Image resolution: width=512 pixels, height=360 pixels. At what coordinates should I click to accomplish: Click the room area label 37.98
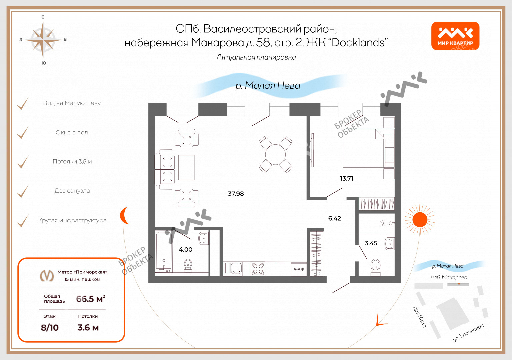[x=236, y=194]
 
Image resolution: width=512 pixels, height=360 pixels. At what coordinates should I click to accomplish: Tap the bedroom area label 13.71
[x=347, y=179]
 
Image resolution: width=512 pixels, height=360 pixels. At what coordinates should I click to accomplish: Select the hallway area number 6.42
[x=335, y=219]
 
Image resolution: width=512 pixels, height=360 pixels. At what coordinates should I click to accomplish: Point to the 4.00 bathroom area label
[x=186, y=250]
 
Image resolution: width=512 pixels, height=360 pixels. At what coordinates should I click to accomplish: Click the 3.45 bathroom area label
[x=371, y=243]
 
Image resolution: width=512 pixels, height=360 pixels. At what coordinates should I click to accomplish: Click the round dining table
[x=275, y=155]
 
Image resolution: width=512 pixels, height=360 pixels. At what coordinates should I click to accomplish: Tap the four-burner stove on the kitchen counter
[x=258, y=269]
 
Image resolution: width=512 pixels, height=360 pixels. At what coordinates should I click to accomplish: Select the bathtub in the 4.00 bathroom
[x=164, y=251]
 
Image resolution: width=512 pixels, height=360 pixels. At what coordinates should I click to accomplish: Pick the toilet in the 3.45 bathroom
[x=376, y=267]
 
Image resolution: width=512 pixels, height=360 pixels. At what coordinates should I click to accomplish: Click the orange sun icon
[x=420, y=220]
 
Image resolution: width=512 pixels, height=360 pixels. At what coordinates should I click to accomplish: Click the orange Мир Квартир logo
[x=455, y=36]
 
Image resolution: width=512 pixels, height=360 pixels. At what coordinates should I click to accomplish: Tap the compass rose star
[x=43, y=40]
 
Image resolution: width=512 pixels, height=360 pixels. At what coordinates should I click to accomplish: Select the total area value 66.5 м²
[x=91, y=299]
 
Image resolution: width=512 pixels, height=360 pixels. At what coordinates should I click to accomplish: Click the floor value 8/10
[x=50, y=328]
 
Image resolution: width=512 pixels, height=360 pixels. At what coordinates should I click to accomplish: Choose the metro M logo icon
[x=47, y=276]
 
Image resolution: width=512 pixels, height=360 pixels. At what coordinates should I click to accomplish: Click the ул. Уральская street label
[x=468, y=333]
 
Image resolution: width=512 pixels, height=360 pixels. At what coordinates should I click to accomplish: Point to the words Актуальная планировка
[x=256, y=57]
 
